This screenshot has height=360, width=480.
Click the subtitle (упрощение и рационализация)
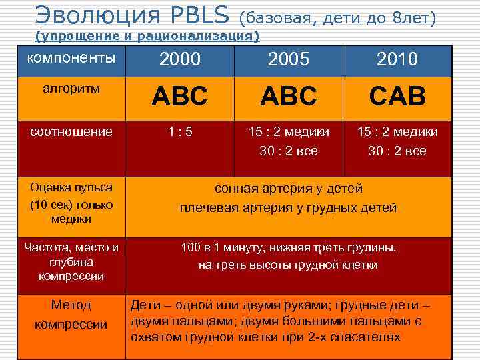[x=147, y=35]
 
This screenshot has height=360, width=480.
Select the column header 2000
[x=180, y=60]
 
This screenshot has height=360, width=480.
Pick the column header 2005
[x=288, y=60]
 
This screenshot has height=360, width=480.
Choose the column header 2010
[x=398, y=60]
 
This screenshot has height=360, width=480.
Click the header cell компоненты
[x=71, y=57]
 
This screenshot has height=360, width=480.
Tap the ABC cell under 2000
[x=180, y=97]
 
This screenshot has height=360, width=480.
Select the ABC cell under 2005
[x=288, y=97]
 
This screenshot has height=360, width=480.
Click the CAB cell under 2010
[x=398, y=97]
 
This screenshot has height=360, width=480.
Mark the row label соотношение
[x=71, y=131]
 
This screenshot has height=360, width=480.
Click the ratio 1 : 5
[x=180, y=132]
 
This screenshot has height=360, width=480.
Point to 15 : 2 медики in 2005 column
[x=288, y=132]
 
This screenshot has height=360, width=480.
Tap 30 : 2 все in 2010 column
[x=398, y=151]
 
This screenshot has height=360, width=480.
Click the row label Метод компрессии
[x=71, y=315]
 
